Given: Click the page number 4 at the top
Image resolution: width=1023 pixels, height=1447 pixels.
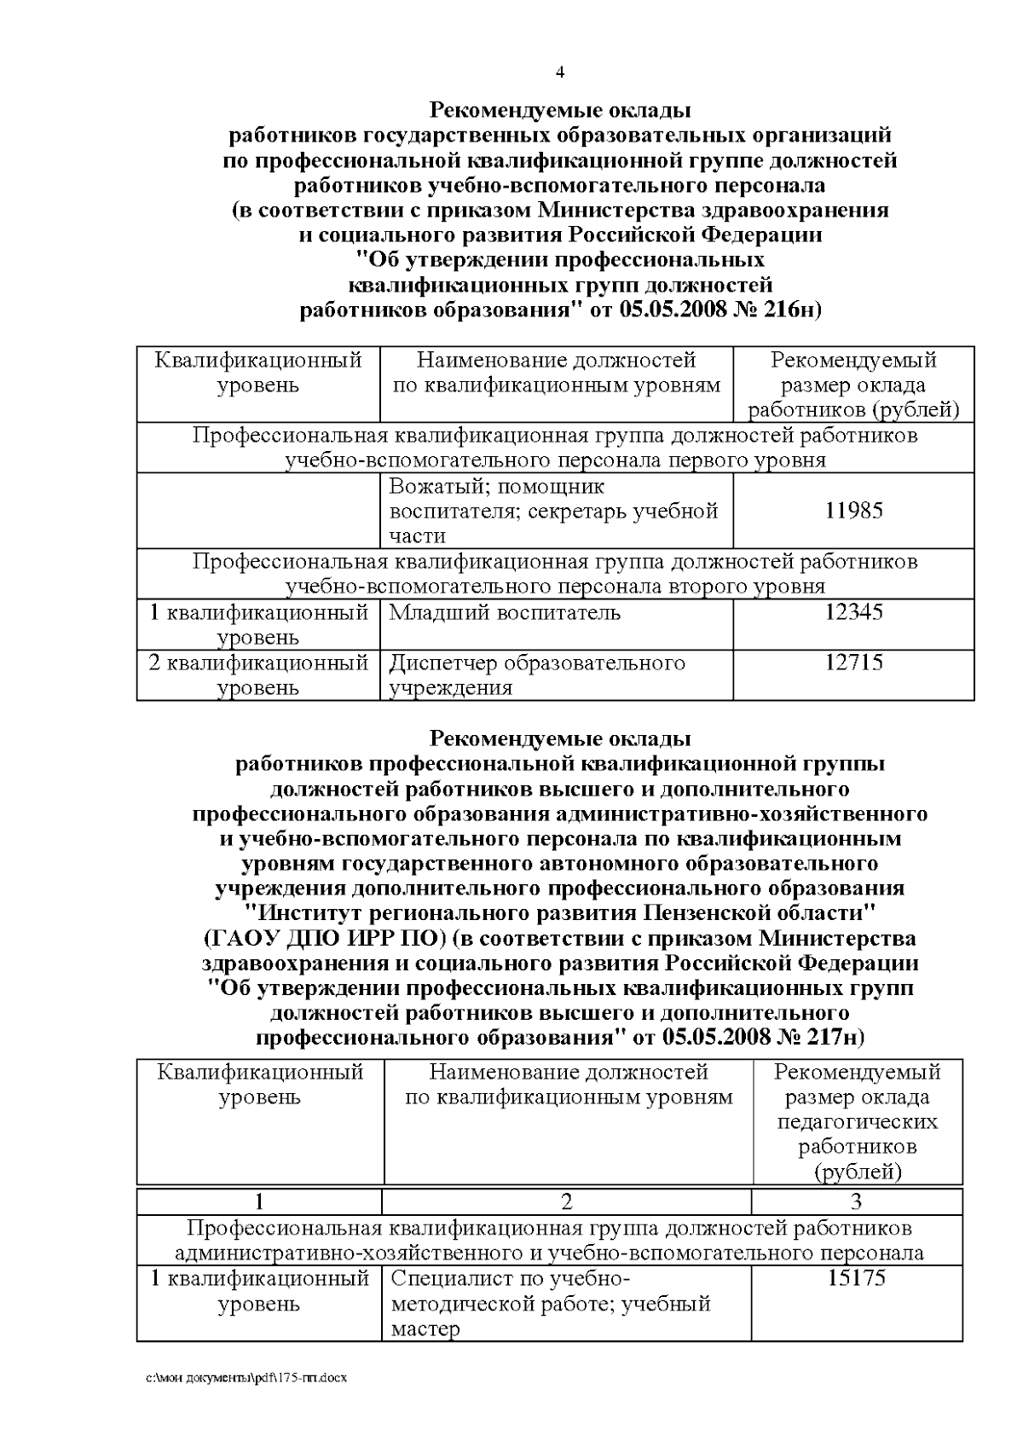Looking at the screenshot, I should coord(559,72).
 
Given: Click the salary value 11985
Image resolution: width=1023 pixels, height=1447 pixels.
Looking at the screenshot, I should coord(854,511).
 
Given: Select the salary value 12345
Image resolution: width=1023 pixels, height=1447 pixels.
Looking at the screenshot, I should coord(854,612).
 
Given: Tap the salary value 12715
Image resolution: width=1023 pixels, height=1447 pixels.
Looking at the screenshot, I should coord(854,663).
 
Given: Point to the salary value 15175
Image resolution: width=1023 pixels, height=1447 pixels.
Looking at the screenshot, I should coord(857,1278).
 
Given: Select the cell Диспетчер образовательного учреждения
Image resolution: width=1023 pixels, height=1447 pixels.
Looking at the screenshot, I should coord(537,674).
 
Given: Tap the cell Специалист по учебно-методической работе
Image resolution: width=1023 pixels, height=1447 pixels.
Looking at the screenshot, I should coord(550,1303).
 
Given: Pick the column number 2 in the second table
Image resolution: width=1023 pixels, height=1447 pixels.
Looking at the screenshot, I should coord(566,1202).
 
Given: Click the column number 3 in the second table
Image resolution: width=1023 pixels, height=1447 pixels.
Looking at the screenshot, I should coord(857,1202).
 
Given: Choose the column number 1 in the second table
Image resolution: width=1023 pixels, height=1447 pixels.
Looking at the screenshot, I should coord(259,1202).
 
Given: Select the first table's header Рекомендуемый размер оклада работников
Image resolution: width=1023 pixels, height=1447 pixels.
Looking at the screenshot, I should coord(853,385).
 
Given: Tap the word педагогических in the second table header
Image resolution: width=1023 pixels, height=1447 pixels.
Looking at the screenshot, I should coord(857,1121).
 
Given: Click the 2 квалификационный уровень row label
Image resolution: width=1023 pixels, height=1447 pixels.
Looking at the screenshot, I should coord(258,674).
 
